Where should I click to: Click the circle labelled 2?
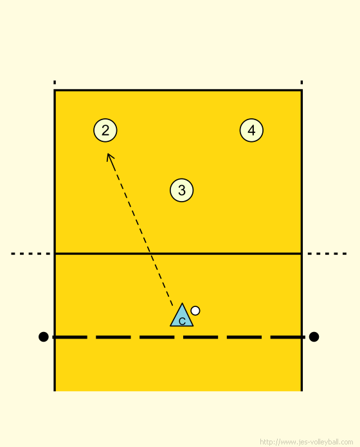click(x=105, y=130)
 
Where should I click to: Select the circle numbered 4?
click(x=251, y=130)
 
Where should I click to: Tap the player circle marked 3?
click(x=182, y=190)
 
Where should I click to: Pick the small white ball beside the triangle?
click(x=195, y=311)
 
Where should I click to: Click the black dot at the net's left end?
click(x=43, y=337)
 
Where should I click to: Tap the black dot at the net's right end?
click(x=314, y=337)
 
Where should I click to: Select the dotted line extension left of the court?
click(x=30, y=254)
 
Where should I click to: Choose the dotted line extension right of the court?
click(x=327, y=254)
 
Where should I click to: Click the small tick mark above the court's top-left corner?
click(x=55, y=82)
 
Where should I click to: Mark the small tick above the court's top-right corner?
click(x=301, y=82)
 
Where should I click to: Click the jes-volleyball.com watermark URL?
click(x=307, y=442)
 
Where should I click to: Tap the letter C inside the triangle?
click(x=182, y=322)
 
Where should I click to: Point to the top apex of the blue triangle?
click(x=182, y=303)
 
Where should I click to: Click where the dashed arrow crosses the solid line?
click(x=150, y=254)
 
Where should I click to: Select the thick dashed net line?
click(x=178, y=337)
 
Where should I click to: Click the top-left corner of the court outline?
click(x=55, y=91)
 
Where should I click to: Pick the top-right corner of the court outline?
click(x=301, y=91)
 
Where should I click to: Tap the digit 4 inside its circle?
click(x=251, y=130)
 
